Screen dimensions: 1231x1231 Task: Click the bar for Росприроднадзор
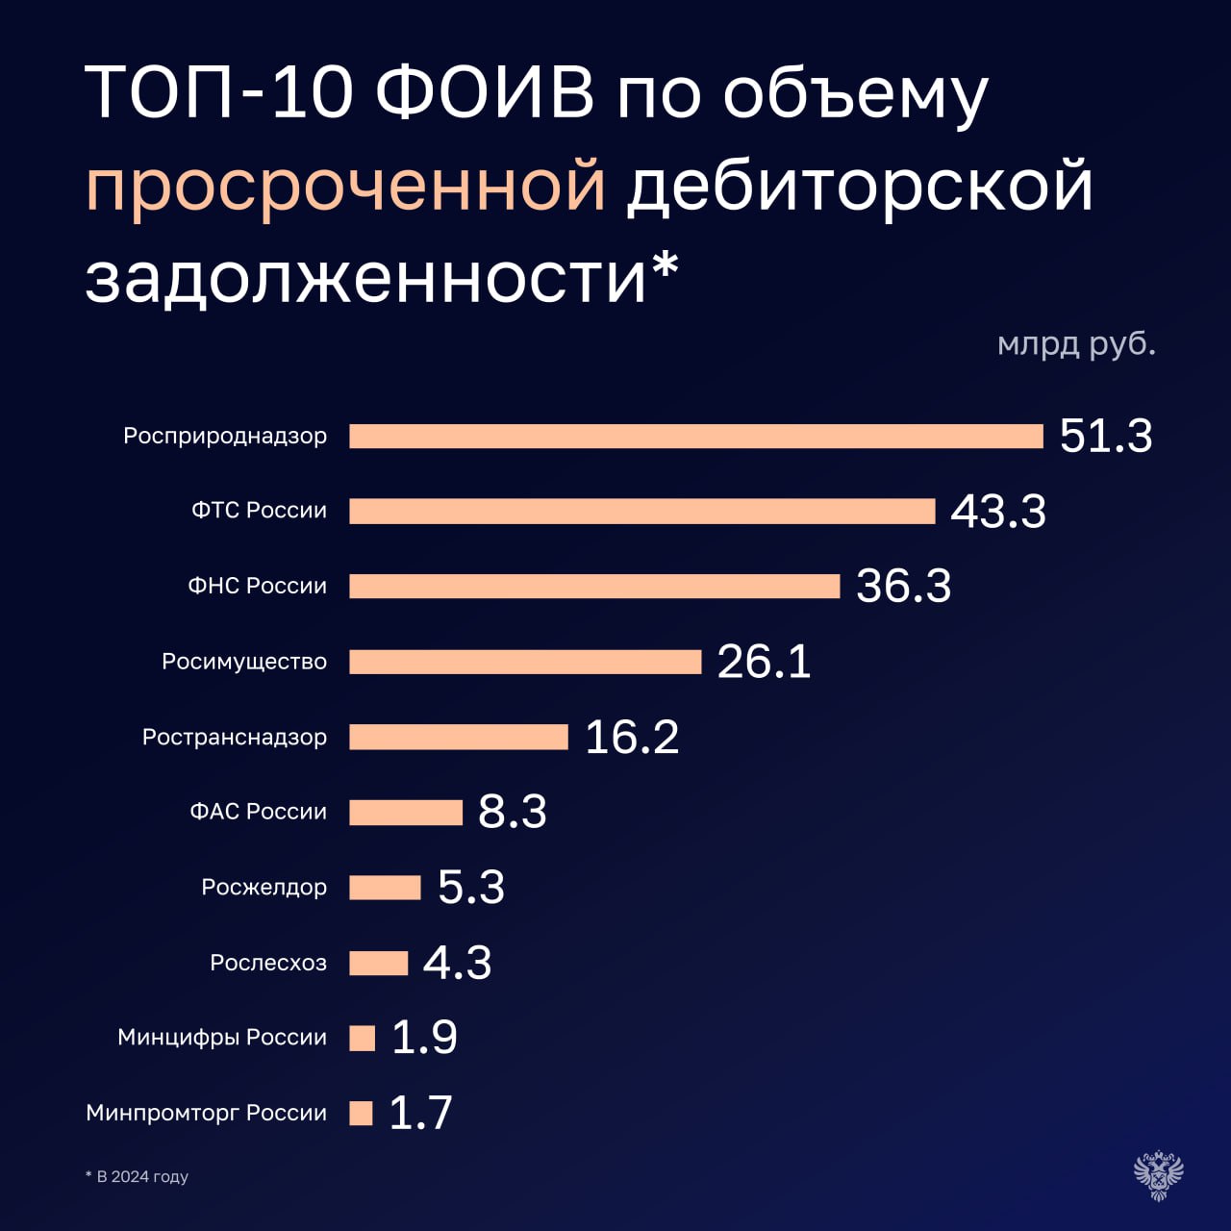(695, 436)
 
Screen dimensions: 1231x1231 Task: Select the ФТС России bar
(641, 511)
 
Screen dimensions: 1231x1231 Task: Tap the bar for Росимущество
(525, 662)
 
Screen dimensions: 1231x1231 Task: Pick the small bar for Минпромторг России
(361, 1113)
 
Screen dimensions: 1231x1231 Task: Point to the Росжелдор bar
(385, 887)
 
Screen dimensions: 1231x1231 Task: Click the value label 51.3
(1106, 436)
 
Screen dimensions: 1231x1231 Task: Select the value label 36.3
(903, 586)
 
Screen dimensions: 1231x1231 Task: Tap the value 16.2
(632, 738)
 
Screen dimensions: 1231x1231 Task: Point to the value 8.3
(512, 812)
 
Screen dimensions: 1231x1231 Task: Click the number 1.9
(424, 1037)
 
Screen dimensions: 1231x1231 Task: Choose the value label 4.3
(457, 963)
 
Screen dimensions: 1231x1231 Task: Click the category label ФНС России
(257, 586)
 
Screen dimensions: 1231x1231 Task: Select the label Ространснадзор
(235, 737)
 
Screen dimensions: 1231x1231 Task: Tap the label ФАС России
(258, 812)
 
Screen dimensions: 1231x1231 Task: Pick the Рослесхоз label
(268, 963)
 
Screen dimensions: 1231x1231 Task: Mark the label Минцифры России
(222, 1038)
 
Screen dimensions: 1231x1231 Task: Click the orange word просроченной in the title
(345, 186)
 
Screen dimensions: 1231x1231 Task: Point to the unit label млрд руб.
(1076, 343)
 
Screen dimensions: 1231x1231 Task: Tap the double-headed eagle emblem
(1158, 1174)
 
